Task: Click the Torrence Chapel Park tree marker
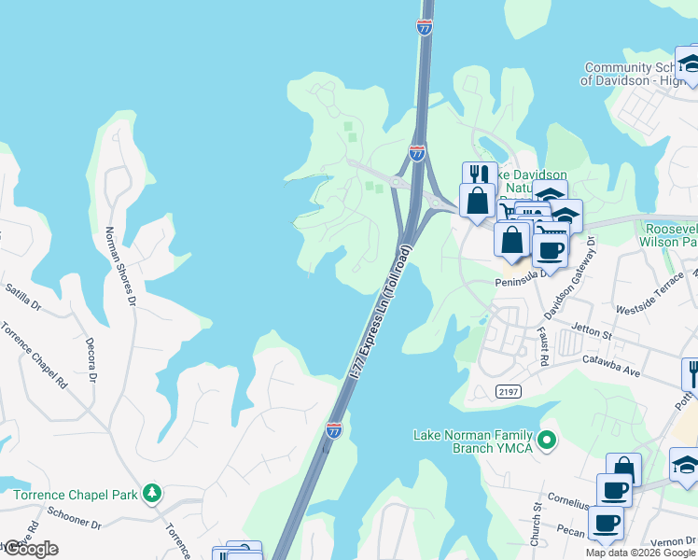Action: (151, 493)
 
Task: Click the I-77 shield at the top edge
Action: (425, 27)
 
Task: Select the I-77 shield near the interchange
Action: (417, 151)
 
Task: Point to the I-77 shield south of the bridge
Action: (334, 430)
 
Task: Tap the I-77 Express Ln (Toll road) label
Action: (379, 311)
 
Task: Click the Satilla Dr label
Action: (22, 297)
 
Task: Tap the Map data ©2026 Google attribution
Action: (641, 553)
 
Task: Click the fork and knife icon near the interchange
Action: (480, 174)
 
